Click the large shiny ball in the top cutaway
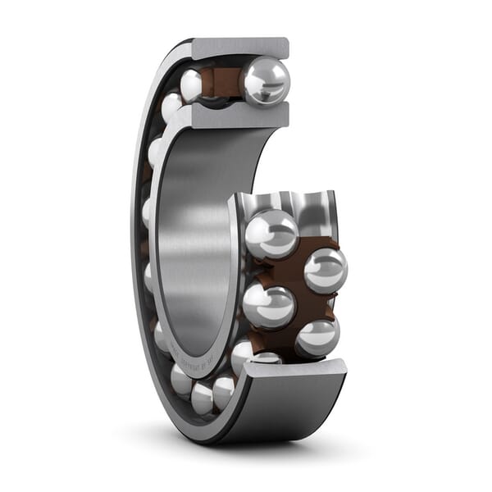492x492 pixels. (264, 81)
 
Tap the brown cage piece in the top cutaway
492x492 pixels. (223, 82)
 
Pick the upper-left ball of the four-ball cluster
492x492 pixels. (271, 234)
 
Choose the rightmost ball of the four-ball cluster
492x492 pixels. (325, 271)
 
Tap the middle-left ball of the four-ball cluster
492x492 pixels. (268, 305)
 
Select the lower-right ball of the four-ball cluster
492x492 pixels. (317, 336)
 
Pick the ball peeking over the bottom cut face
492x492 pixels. (266, 358)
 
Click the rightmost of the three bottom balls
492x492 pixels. (223, 392)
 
